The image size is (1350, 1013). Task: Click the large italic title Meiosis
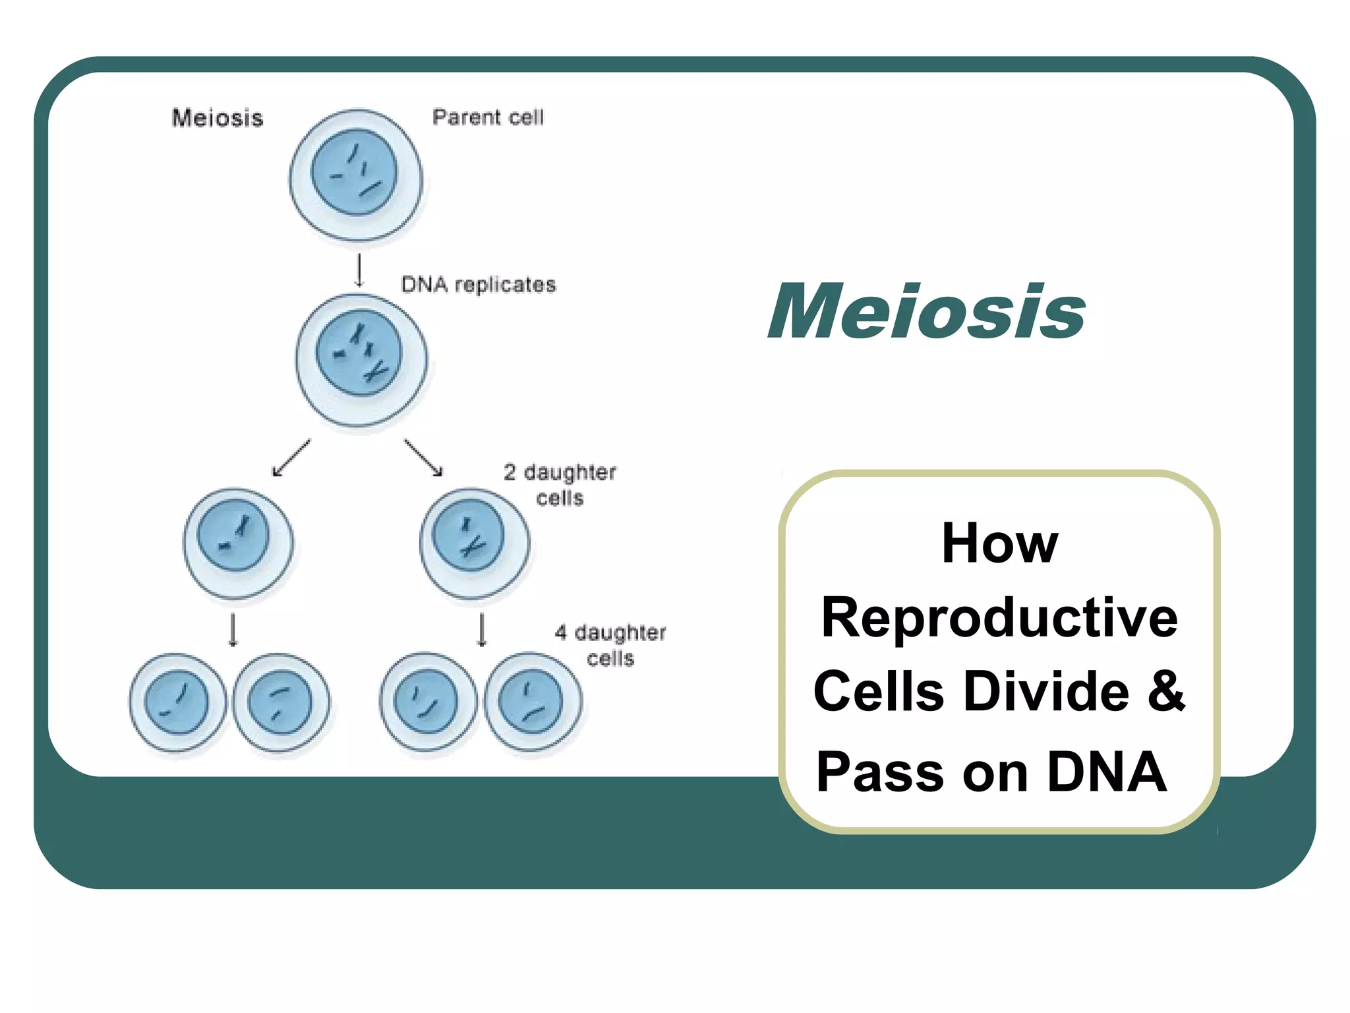click(926, 311)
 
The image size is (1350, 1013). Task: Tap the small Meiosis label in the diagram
click(218, 118)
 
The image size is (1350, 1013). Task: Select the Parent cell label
click(488, 117)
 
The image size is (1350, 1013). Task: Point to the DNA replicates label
click(479, 285)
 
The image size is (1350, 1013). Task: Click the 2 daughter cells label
click(560, 485)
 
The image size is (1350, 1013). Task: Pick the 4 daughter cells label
click(610, 645)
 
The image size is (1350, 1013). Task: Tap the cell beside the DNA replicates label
click(361, 360)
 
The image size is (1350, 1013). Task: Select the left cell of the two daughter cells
click(238, 543)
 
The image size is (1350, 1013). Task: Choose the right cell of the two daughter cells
click(474, 543)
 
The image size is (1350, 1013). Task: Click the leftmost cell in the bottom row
click(177, 702)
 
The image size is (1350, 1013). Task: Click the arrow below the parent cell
click(359, 270)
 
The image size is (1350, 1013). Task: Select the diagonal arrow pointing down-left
click(291, 458)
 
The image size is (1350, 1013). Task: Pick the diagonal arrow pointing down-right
click(424, 458)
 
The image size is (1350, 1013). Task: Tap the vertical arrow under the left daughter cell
click(233, 630)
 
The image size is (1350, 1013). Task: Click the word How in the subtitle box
click(999, 543)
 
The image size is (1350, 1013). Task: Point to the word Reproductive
click(999, 618)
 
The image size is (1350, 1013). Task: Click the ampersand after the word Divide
click(1166, 691)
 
